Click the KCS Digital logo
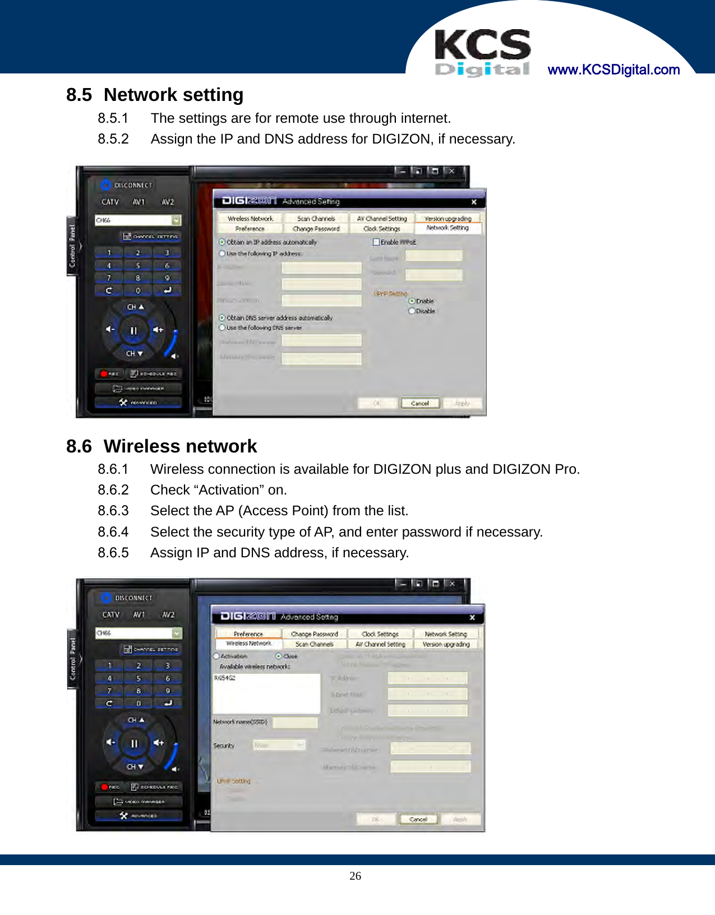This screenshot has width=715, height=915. coord(482,53)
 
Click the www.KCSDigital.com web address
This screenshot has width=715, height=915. coord(613,70)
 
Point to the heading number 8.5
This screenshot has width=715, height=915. coord(79,95)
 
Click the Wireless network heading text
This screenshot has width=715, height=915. coord(180,446)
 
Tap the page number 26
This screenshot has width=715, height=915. coord(355,876)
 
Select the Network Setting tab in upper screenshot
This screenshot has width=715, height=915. coord(447,228)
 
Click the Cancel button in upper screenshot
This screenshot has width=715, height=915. coord(419,403)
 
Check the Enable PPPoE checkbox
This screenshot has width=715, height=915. coord(376,242)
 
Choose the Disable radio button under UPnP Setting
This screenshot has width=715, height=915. coord(412,311)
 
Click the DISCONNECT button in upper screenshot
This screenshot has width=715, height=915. coord(127,185)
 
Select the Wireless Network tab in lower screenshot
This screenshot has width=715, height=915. coord(248,644)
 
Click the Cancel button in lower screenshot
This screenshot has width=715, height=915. coord(418,819)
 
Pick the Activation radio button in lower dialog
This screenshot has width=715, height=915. coord(216,656)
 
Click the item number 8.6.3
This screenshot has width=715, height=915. coord(113,511)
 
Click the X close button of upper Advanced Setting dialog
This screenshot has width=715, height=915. coord(474,202)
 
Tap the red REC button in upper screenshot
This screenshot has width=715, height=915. coord(109,373)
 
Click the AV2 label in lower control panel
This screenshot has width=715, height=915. coord(168,614)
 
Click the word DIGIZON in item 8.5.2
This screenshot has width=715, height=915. coord(401,139)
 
